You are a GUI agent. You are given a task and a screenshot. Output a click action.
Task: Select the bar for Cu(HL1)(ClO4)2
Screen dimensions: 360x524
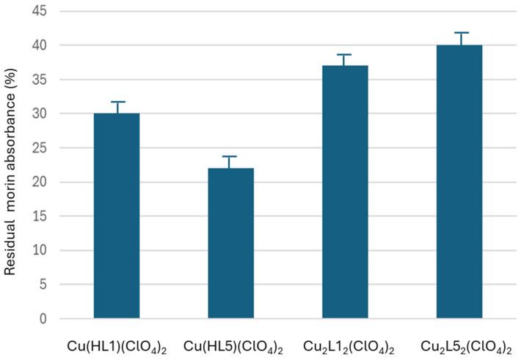coord(117,216)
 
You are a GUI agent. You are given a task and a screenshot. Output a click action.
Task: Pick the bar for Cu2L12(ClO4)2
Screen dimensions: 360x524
coord(345,192)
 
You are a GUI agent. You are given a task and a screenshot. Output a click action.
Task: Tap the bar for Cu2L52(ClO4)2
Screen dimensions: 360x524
coord(459,182)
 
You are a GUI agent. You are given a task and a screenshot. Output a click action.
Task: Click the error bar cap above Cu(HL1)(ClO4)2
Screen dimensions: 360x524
coord(117,103)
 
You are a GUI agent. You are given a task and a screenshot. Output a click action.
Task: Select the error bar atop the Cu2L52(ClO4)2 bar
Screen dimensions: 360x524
coord(459,37)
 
